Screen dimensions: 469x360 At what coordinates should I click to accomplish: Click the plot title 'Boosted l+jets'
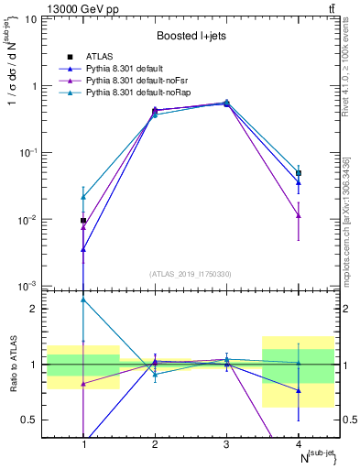[188, 36]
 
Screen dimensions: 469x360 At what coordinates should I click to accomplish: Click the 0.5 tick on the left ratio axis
[35, 420]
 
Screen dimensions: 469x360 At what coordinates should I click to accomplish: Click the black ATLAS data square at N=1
[83, 221]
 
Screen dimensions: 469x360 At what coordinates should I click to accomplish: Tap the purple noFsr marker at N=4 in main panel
[298, 215]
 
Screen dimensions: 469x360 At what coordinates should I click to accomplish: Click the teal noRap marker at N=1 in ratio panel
[83, 300]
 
